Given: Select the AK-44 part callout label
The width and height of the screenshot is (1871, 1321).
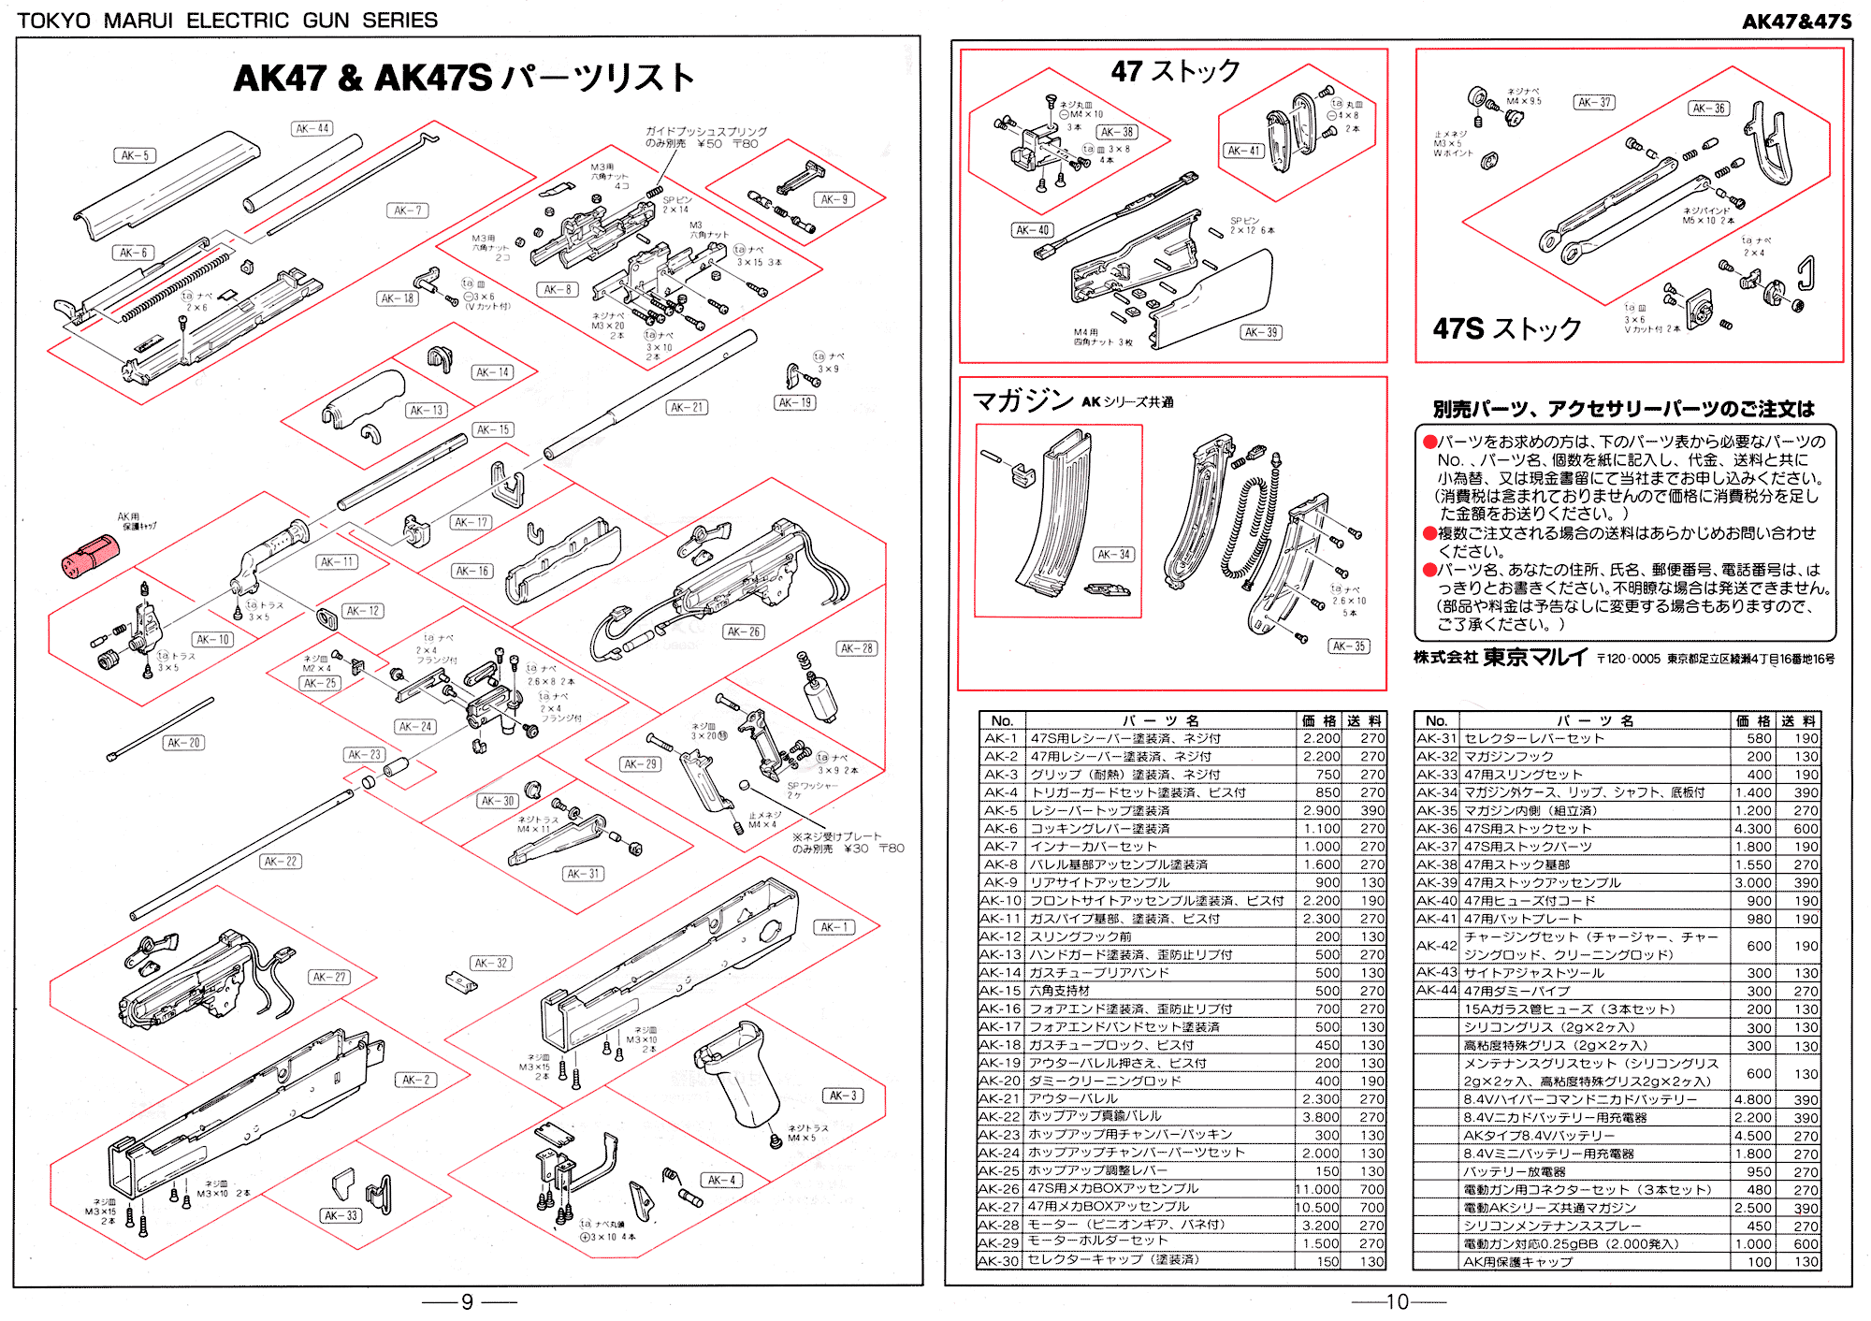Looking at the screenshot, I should click(312, 128).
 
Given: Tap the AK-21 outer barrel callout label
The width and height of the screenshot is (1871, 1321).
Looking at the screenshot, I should click(687, 407).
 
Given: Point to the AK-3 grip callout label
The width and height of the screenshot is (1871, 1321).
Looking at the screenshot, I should click(842, 1096).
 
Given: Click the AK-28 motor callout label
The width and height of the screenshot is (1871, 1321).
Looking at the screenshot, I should click(856, 648).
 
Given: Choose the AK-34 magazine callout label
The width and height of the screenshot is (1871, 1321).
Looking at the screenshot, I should click(1113, 554).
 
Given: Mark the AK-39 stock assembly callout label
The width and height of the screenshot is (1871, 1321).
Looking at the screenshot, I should click(1261, 332).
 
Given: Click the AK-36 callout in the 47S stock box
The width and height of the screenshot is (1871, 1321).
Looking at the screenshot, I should click(1708, 109).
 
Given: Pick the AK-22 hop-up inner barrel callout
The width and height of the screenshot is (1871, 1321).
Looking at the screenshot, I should click(280, 862).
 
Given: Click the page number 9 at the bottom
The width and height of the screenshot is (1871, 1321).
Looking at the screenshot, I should click(468, 1301).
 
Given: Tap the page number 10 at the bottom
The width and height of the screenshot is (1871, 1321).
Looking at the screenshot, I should click(1397, 1301).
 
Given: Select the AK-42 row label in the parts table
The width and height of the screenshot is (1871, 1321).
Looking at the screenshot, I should click(1436, 946).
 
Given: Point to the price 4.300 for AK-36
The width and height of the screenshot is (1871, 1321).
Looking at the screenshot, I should click(1752, 829).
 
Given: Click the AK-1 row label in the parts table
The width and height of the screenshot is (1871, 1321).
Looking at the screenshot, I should click(1001, 739).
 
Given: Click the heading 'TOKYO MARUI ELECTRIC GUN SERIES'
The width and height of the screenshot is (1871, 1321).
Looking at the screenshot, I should click(227, 20).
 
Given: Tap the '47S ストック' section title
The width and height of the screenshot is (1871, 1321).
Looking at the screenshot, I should click(1507, 328).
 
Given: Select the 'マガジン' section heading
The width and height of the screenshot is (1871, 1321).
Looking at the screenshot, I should click(1023, 401).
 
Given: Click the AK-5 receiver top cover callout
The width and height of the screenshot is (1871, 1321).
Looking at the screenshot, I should click(135, 155).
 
